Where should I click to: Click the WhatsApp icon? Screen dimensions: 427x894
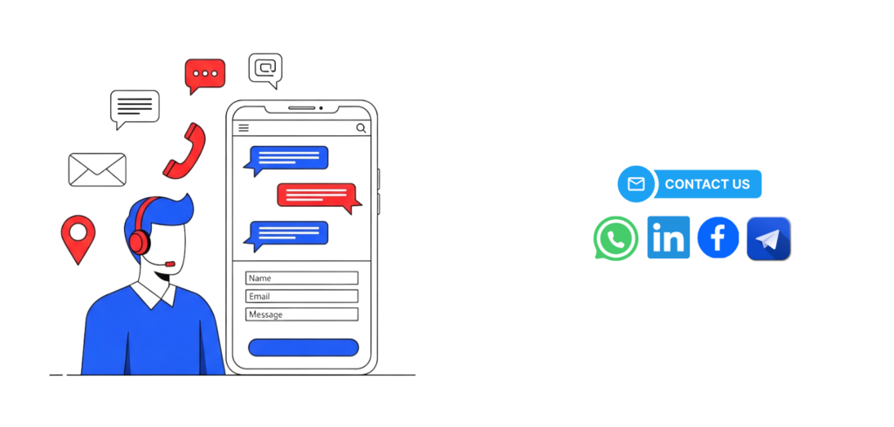(615, 238)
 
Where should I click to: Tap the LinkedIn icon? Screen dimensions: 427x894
(669, 238)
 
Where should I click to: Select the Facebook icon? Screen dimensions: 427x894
(719, 238)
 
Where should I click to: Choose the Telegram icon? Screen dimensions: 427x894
(768, 238)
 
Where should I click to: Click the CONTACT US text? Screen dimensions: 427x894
(707, 184)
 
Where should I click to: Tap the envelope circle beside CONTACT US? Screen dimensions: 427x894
(636, 184)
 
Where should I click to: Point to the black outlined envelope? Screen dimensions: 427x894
(97, 169)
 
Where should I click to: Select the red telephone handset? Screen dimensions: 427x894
(184, 150)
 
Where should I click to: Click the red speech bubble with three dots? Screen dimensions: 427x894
(205, 74)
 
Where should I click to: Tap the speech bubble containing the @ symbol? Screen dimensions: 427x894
(265, 68)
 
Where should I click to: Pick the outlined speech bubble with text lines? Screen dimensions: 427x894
(134, 107)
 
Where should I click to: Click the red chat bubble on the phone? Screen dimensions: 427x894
(318, 195)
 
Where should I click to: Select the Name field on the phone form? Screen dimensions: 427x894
(302, 279)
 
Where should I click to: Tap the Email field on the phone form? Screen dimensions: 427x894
(302, 297)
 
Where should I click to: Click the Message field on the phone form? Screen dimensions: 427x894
(302, 314)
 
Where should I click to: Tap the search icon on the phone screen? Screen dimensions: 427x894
(361, 127)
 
